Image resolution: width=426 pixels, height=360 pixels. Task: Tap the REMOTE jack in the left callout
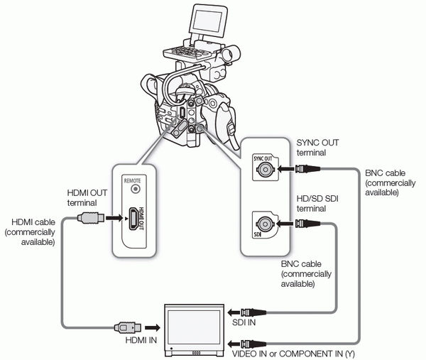point(133,190)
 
